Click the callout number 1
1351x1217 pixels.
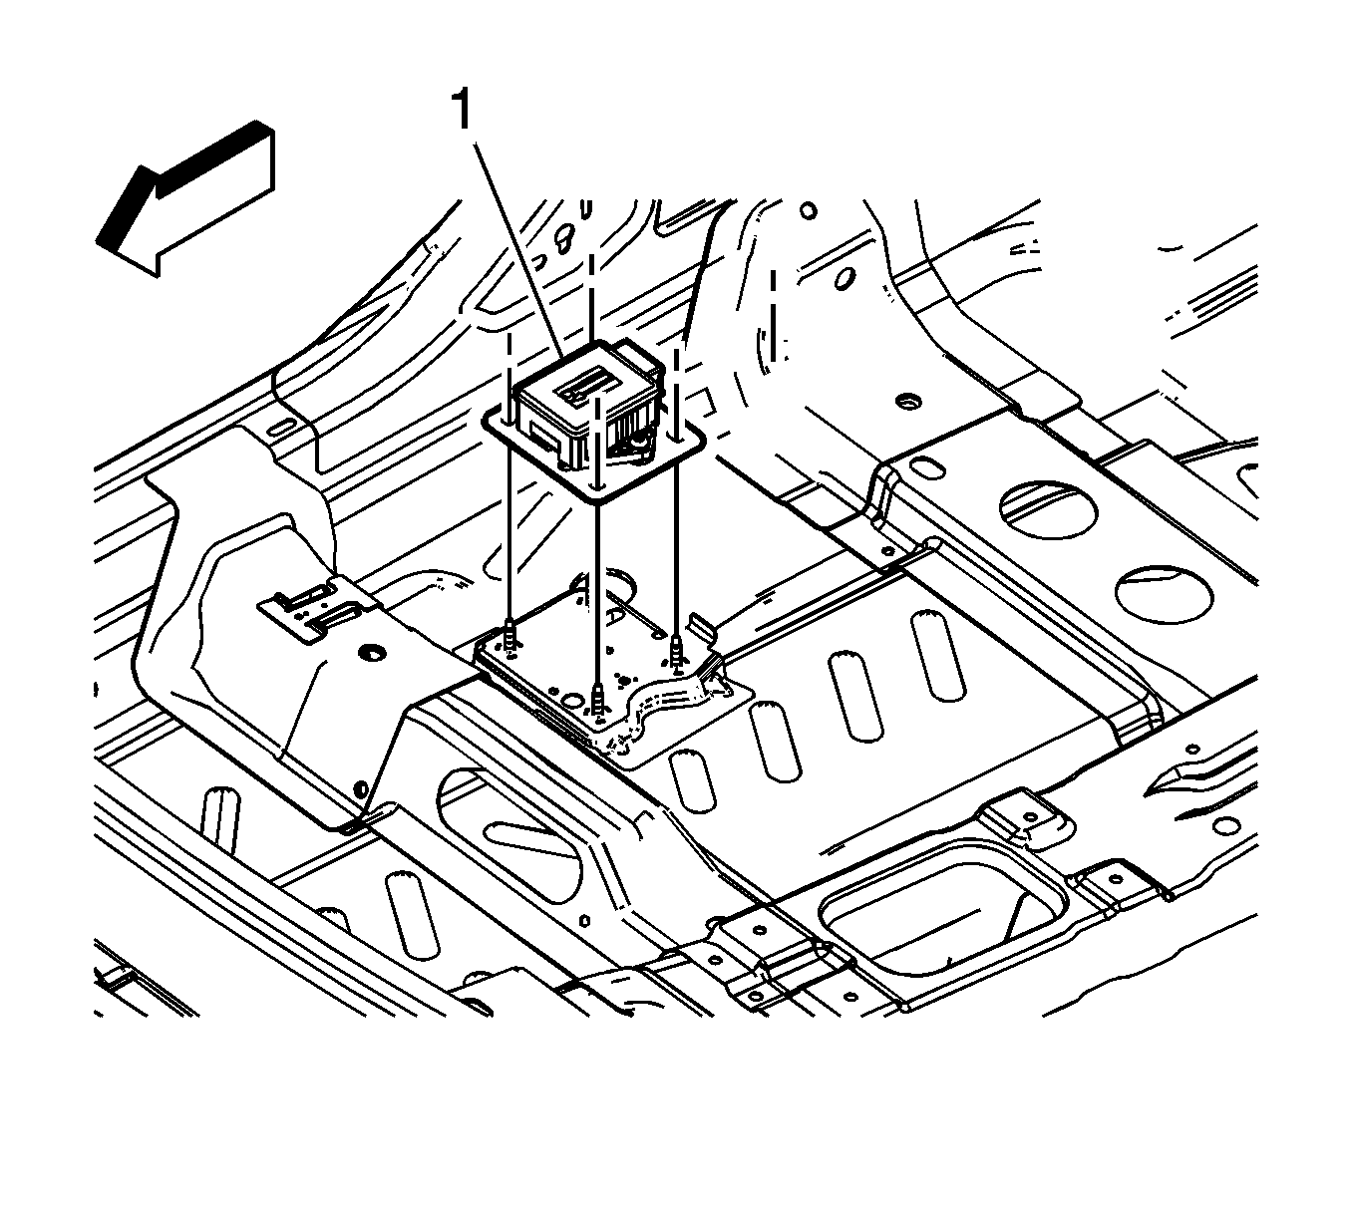click(x=462, y=111)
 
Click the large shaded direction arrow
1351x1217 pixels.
click(x=185, y=199)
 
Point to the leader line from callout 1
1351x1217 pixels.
click(x=520, y=248)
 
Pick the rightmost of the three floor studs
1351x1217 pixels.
click(x=677, y=652)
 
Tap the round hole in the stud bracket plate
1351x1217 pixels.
click(x=575, y=700)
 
